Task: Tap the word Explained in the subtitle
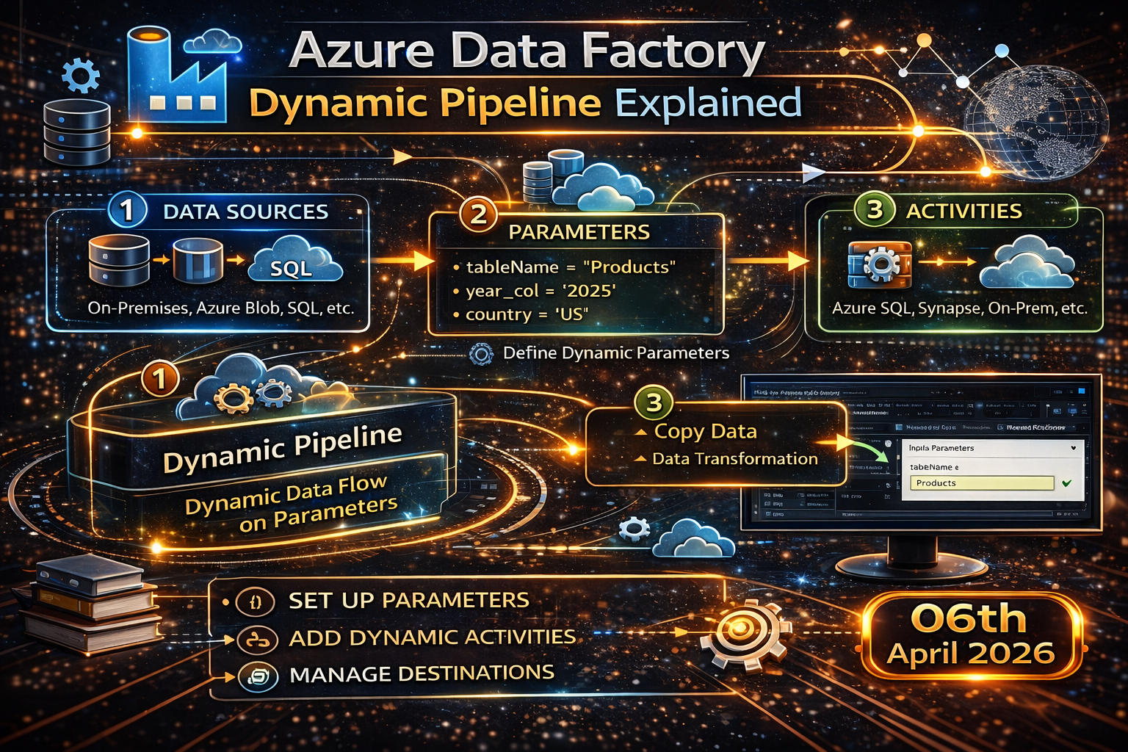tap(708, 104)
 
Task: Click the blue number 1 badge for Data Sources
tap(127, 210)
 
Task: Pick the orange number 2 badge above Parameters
tap(478, 214)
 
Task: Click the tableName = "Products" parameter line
tap(571, 267)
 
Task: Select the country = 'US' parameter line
tap(527, 314)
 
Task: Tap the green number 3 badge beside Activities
tap(875, 210)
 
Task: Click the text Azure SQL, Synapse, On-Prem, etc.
tap(959, 308)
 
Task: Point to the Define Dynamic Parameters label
tap(615, 353)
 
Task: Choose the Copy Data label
tap(705, 432)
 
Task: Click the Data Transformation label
tap(734, 459)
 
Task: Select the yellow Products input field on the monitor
tap(981, 483)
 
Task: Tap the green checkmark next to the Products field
tap(1067, 483)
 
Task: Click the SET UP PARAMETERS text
tap(408, 601)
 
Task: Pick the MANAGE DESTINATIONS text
tap(422, 673)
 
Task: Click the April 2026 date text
tap(970, 654)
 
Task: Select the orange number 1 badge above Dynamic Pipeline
tap(160, 379)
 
